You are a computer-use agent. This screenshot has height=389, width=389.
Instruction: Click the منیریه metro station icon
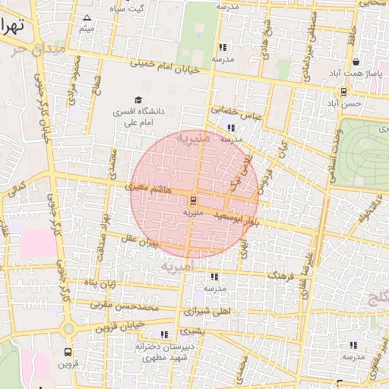[193, 201]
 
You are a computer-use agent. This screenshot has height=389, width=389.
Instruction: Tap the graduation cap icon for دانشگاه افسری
[138, 100]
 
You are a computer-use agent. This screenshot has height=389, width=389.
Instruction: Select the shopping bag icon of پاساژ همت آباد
[356, 62]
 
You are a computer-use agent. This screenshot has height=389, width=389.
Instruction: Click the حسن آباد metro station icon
[344, 92]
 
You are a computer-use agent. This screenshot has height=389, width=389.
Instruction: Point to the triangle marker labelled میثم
[87, 18]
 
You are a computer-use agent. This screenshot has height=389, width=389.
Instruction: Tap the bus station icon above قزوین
[68, 353]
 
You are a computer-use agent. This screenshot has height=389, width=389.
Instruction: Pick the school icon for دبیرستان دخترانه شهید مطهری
[164, 334]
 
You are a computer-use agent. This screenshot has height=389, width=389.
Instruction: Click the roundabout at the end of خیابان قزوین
[69, 329]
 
